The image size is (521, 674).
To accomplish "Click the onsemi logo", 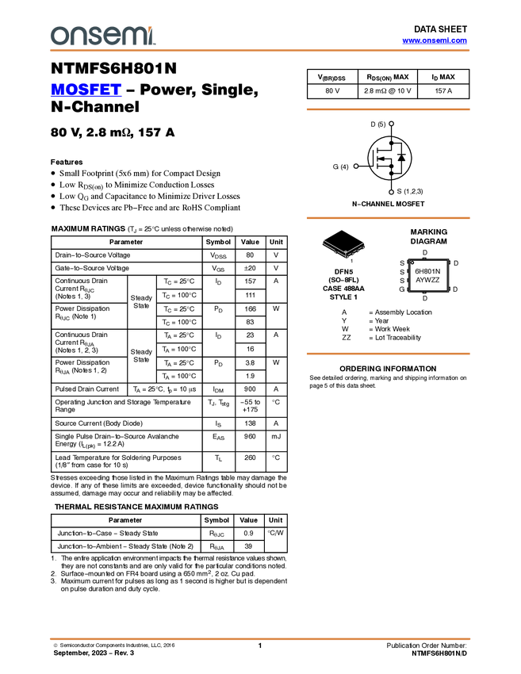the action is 102,36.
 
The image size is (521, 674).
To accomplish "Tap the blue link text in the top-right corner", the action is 435,40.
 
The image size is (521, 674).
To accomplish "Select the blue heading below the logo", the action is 86,90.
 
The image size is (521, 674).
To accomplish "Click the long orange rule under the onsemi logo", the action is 260,51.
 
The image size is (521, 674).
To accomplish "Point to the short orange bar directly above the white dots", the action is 388,109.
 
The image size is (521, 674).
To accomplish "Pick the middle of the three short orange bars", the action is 388,217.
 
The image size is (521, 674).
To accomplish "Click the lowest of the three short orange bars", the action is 388,354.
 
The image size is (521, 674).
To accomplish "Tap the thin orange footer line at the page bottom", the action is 260,638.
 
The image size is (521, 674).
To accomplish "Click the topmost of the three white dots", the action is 392,124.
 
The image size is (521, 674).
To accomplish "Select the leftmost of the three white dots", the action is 356,167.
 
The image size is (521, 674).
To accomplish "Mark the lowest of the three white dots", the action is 392,192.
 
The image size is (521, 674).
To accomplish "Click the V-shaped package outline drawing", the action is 344,248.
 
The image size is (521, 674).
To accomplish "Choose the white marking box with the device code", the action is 428,275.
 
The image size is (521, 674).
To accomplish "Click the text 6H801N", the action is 427,271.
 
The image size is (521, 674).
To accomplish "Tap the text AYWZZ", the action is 427,280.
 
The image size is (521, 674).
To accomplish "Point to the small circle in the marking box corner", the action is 412,263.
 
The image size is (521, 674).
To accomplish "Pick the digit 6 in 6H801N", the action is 417,271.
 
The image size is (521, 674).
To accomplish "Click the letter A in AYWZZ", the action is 418,280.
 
